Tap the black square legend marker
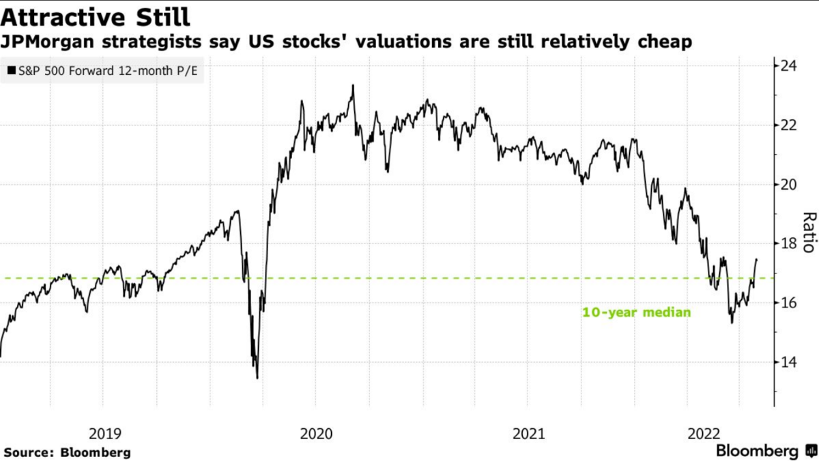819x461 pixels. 12,70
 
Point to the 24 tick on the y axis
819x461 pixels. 789,66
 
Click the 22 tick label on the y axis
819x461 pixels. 789,125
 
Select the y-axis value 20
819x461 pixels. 789,184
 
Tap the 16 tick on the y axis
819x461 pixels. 789,303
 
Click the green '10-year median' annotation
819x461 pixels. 636,313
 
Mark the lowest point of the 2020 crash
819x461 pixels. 257,378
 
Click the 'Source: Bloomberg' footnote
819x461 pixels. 67,451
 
